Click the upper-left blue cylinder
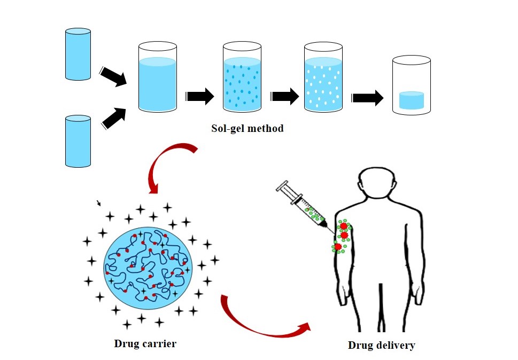(x=78, y=55)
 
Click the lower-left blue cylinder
(x=78, y=140)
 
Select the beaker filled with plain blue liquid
(x=157, y=79)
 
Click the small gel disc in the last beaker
(x=412, y=100)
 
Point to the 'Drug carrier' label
(x=145, y=343)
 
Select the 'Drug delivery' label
(x=381, y=345)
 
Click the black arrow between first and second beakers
(x=200, y=96)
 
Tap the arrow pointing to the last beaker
(x=368, y=98)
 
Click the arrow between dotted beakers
(x=285, y=97)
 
